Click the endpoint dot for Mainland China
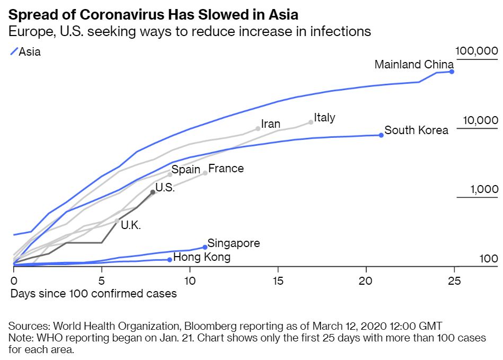point(452,72)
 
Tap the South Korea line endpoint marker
point(381,135)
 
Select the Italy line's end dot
point(311,122)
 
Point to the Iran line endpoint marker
point(258,128)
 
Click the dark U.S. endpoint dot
point(153,192)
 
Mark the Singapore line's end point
point(205,247)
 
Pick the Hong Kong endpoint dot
point(170,260)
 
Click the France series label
point(226,169)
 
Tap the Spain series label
point(186,170)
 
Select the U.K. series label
point(130,225)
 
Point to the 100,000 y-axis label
point(476,51)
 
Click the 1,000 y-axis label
point(484,190)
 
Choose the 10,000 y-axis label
point(480,120)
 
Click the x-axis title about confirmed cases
point(93,293)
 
